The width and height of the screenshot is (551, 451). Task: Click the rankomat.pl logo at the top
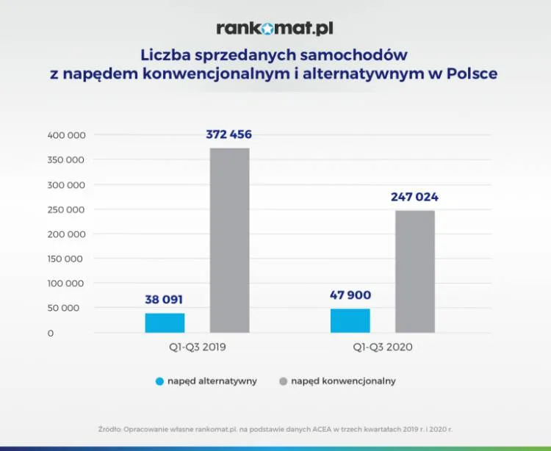point(275,29)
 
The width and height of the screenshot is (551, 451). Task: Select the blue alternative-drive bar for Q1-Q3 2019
point(165,323)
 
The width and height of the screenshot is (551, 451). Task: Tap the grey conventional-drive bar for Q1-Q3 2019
point(229,240)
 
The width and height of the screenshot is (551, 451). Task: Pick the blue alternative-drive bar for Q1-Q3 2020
point(350,320)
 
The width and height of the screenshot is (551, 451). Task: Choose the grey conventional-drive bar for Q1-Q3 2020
point(415,272)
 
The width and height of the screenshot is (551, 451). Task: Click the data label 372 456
point(229,134)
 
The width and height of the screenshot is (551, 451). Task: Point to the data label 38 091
point(164,299)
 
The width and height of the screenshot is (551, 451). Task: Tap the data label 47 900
point(350,295)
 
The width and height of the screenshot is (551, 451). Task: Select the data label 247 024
point(414,197)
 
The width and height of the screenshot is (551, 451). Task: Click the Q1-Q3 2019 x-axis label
point(197,347)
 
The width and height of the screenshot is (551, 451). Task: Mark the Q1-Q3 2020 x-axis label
point(383,347)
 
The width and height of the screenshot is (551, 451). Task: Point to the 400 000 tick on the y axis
point(67,135)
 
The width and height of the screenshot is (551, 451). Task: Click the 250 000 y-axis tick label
point(67,209)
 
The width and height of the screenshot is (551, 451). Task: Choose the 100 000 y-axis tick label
point(67,284)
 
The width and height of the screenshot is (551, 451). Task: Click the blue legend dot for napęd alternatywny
point(159,381)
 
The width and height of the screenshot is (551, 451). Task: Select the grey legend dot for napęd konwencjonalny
point(283,381)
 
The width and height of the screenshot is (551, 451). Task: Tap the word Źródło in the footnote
point(109,428)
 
